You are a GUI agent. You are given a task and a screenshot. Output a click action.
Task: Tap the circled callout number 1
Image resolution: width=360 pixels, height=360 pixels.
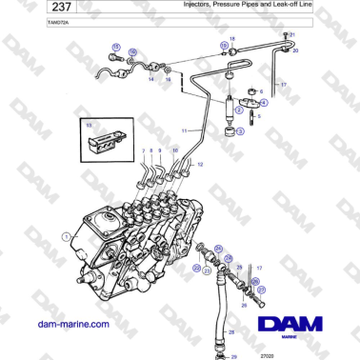pyautogui.click(x=65, y=235)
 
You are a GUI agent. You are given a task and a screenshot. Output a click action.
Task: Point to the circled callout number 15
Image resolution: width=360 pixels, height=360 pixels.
pyautogui.click(x=115, y=46)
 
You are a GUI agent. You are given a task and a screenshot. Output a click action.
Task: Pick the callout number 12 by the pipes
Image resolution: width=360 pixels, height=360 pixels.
pyautogui.click(x=201, y=165)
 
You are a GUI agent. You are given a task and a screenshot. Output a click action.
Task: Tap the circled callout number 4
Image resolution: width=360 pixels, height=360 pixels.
pyautogui.click(x=265, y=101)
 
